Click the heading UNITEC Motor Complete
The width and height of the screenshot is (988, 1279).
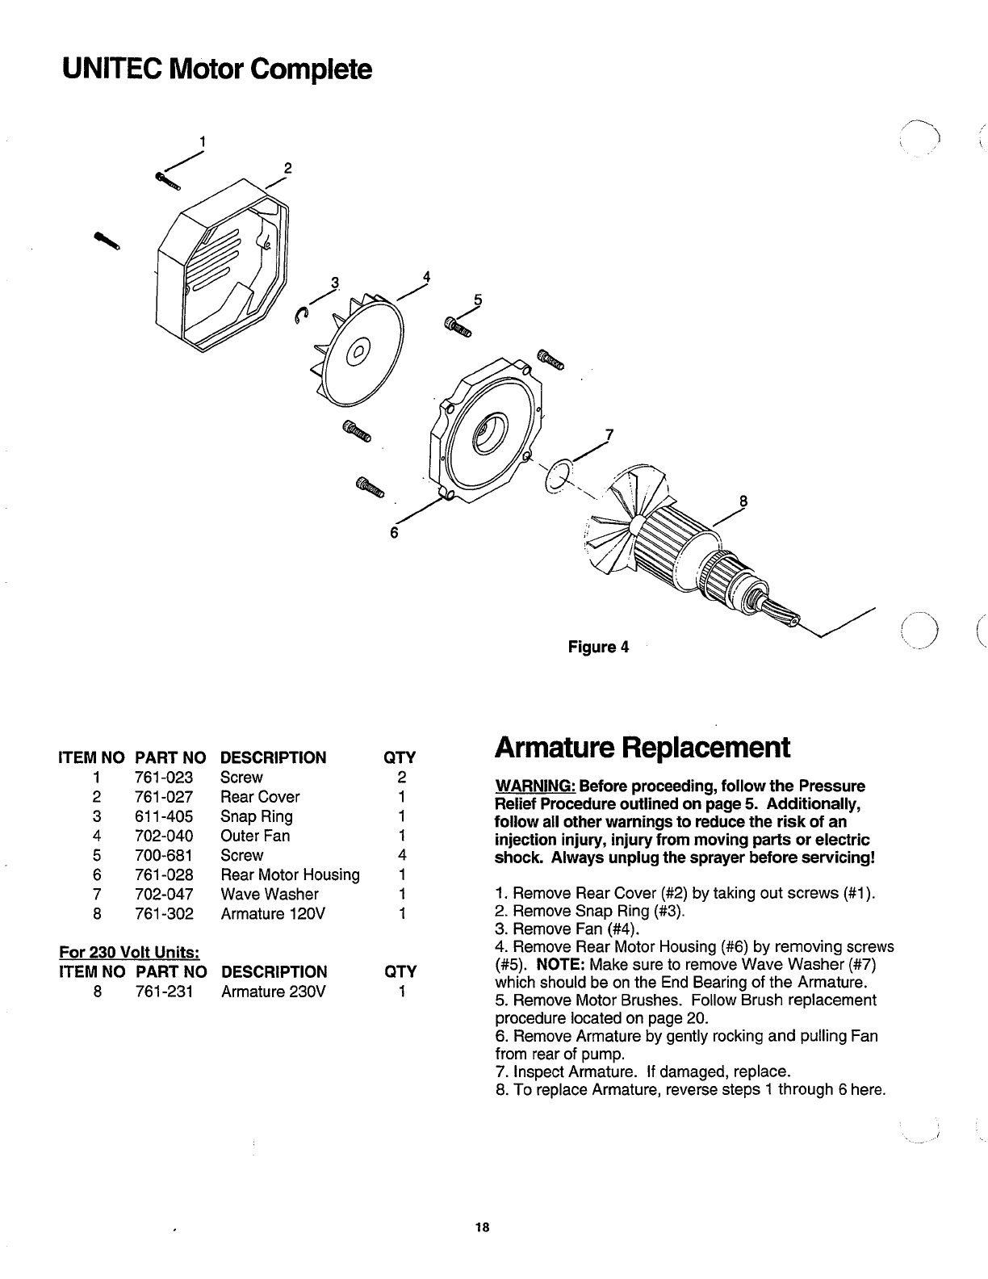click(x=217, y=69)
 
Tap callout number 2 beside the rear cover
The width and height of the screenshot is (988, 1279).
click(x=287, y=170)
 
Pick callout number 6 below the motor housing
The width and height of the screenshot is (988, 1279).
click(x=395, y=533)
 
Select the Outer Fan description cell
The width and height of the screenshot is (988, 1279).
click(x=255, y=836)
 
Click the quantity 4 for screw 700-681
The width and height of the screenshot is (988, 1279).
click(x=400, y=855)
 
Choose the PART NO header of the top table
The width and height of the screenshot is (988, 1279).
click(x=170, y=757)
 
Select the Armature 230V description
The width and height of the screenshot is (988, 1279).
click(x=273, y=991)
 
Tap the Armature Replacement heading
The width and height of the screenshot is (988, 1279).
click(x=643, y=747)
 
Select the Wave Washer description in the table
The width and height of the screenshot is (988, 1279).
click(x=270, y=894)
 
